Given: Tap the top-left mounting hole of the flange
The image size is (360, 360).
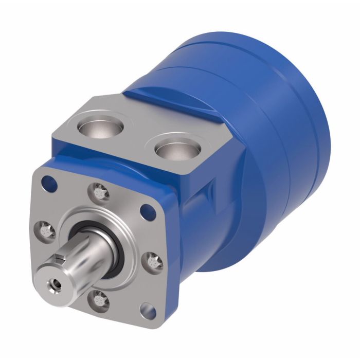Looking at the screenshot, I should tap(49, 181).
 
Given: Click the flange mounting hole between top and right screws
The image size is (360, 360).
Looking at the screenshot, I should tap(150, 210).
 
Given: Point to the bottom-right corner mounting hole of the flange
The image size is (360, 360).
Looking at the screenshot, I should tap(149, 310).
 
